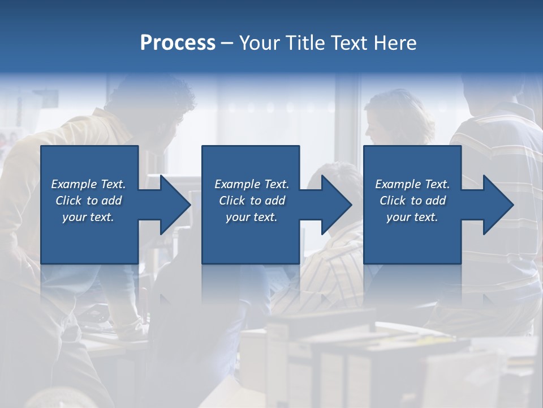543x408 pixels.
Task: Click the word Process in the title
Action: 178,43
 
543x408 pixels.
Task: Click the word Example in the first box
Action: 74,184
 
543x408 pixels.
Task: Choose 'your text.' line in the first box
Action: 88,217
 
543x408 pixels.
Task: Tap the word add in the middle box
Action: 275,201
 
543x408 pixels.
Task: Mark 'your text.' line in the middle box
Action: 251,217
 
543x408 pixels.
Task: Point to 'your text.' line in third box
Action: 412,217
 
